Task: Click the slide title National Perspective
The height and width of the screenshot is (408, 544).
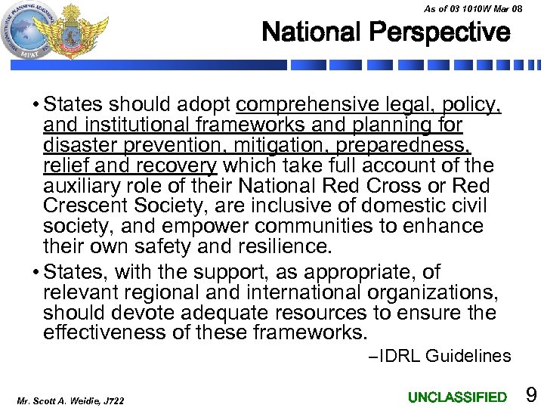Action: (x=386, y=32)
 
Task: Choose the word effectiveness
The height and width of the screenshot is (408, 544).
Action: (x=107, y=333)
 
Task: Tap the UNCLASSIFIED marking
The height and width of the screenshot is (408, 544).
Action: (x=457, y=397)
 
